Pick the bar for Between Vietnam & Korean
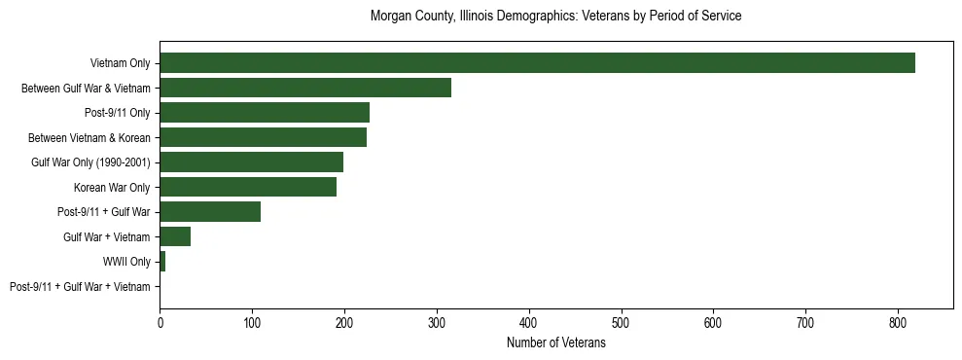pos(263,137)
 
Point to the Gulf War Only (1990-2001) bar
pos(251,162)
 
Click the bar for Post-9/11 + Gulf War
pos(210,212)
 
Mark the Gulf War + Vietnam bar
pos(175,236)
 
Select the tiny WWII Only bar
pos(162,262)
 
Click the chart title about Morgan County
pos(555,17)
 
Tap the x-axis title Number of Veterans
pos(555,343)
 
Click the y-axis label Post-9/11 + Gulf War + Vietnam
pos(80,287)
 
